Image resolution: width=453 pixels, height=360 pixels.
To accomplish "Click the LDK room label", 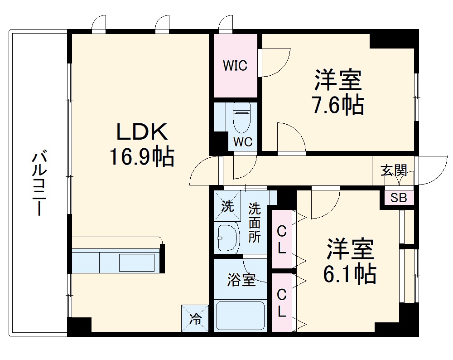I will pos(143,132).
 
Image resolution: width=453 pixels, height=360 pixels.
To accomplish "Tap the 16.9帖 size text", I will pos(141,157).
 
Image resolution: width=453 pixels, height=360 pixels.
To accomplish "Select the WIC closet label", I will pos(235,66).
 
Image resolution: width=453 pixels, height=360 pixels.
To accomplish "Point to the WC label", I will pos(242,141).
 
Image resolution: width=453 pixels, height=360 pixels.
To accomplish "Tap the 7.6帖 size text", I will pos(337,106).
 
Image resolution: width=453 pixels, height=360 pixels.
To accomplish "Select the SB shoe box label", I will pos(399,198).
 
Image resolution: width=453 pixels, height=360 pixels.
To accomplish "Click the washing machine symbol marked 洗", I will pos(227,207).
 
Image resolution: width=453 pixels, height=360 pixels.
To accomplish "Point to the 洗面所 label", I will pos(255,223).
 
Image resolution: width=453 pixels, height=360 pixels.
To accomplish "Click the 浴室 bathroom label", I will pos(241,280).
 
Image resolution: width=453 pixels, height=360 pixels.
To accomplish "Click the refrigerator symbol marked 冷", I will pos(195,318).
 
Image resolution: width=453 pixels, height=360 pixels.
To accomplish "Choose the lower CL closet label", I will pos(282,303).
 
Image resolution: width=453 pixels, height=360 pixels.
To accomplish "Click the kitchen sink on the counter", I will pos(136,263).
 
